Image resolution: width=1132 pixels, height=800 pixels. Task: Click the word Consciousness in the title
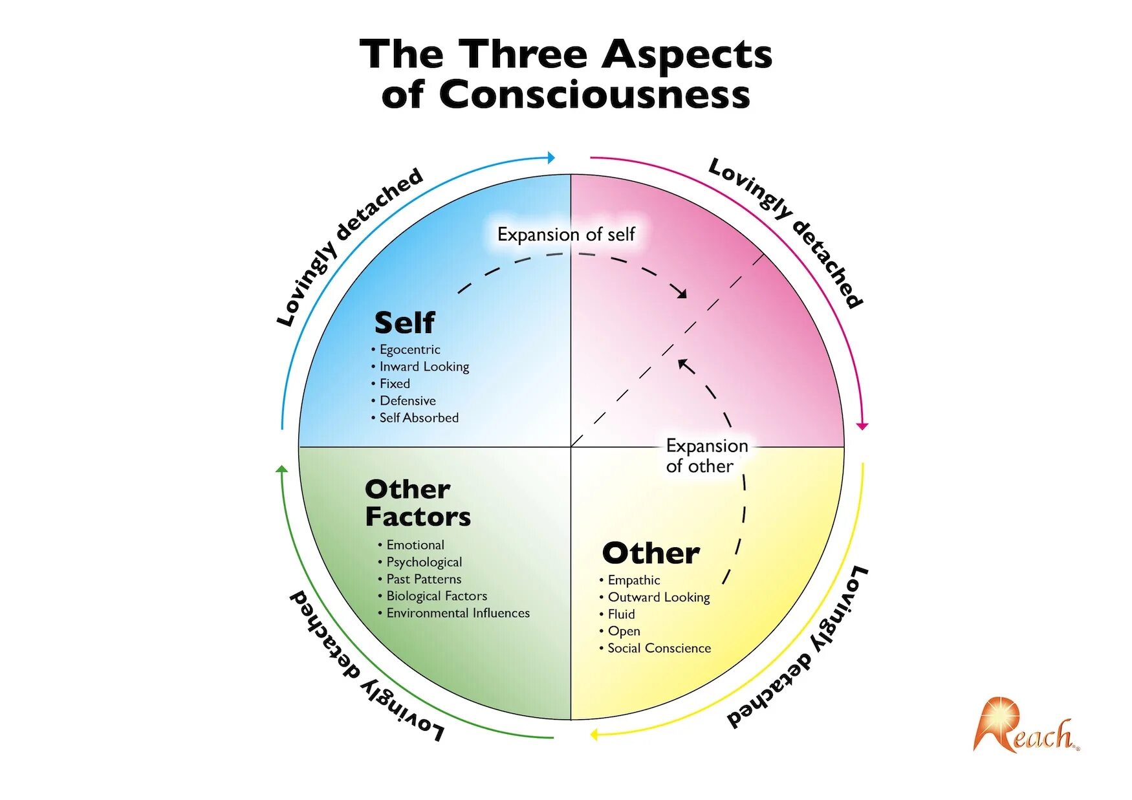click(x=594, y=94)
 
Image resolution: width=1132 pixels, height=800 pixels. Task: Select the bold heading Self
click(x=405, y=322)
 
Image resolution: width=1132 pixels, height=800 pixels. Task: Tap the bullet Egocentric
click(x=409, y=349)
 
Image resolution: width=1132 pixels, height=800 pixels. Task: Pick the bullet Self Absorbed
click(x=419, y=418)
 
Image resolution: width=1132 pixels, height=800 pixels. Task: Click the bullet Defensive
click(x=408, y=401)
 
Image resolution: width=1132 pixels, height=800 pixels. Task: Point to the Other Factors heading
click(x=417, y=503)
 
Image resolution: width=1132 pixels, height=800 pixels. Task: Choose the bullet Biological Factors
click(x=437, y=596)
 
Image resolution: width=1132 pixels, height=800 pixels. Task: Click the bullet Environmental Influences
click(x=458, y=613)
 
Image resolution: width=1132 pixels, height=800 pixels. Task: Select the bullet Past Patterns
click(x=424, y=579)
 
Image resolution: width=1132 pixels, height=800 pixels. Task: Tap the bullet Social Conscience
click(x=659, y=648)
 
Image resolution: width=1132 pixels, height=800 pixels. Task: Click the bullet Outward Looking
click(x=659, y=597)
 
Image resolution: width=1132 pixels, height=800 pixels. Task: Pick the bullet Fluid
click(x=621, y=614)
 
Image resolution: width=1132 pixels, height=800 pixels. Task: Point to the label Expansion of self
click(x=566, y=234)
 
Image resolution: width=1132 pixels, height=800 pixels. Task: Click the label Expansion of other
click(x=706, y=456)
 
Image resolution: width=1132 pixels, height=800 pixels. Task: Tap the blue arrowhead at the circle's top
click(x=550, y=157)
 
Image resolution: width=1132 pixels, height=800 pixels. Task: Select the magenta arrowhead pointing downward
click(x=862, y=426)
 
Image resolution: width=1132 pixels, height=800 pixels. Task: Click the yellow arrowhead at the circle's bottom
click(x=594, y=735)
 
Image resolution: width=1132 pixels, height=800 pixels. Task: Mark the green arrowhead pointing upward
click(x=281, y=469)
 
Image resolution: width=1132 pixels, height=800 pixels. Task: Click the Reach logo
click(x=1025, y=726)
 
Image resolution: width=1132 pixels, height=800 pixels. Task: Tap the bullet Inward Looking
click(x=424, y=367)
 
